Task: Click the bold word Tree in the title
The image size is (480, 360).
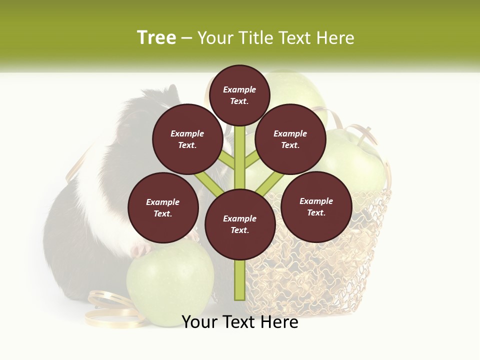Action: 156,37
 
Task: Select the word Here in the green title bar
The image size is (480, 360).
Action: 335,38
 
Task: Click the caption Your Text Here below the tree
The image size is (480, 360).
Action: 240,322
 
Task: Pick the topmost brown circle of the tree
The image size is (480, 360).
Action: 239,95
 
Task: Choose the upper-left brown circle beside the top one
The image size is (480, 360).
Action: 187,139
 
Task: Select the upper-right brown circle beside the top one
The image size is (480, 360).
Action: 290,139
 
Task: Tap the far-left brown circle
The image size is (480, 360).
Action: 163,207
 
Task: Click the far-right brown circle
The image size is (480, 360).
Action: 316,206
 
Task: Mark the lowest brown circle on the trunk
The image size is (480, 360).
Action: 240,224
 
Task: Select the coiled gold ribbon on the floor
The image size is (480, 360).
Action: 110,310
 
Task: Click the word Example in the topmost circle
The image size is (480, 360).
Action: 239,89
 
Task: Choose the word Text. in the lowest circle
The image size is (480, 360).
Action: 239,230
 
